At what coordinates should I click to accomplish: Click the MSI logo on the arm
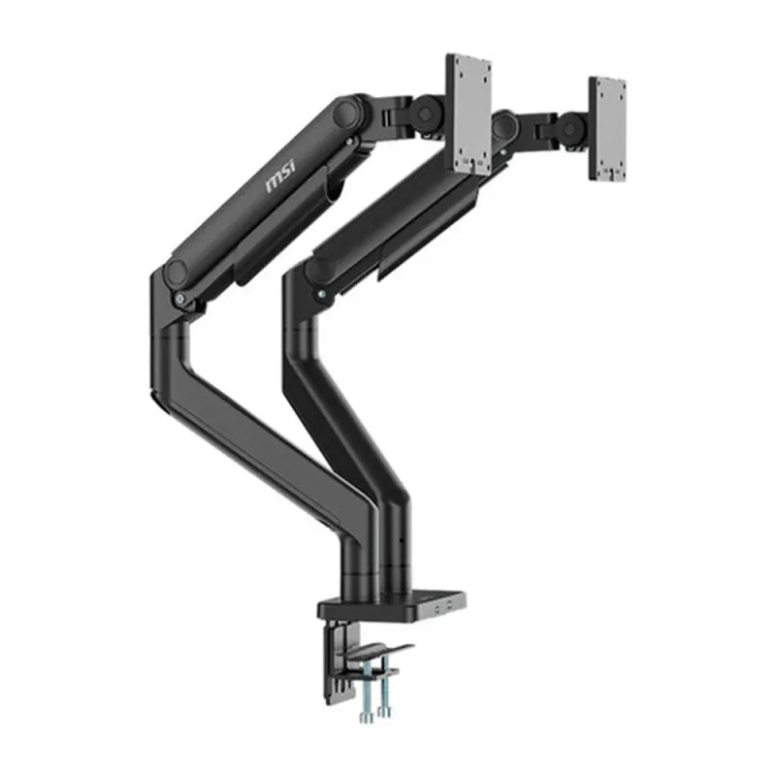tap(281, 178)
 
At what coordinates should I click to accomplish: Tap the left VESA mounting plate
tap(469, 113)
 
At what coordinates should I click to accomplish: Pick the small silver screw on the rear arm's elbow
tap(321, 288)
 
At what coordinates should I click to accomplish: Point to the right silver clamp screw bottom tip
tap(385, 712)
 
